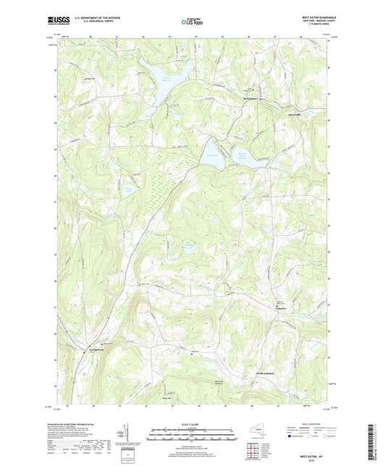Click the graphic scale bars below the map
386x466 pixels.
[x=193, y=436]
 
